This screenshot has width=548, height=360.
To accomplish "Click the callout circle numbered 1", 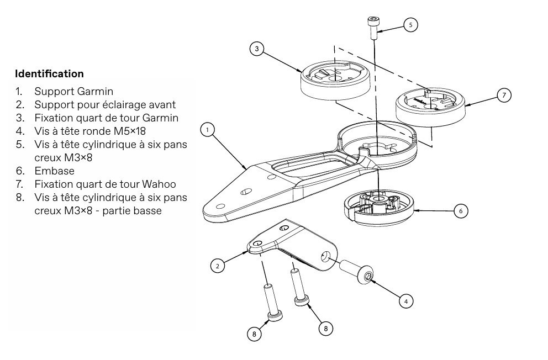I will pos(207,130).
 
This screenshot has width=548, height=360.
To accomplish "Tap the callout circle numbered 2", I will pos(218,266).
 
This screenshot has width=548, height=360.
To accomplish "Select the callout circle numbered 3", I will pos(256,49).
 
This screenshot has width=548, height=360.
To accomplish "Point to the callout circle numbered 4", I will pos(405,301).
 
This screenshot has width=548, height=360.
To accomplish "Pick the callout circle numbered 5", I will pos(410,24).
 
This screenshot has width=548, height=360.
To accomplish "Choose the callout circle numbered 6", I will pos(460,210).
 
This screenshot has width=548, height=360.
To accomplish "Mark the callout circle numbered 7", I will pos(504,95).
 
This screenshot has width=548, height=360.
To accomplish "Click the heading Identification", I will pos(49,73).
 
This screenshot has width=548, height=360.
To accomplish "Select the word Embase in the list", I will pos(54,171).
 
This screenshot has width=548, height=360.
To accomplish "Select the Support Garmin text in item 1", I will pos(73,91).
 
